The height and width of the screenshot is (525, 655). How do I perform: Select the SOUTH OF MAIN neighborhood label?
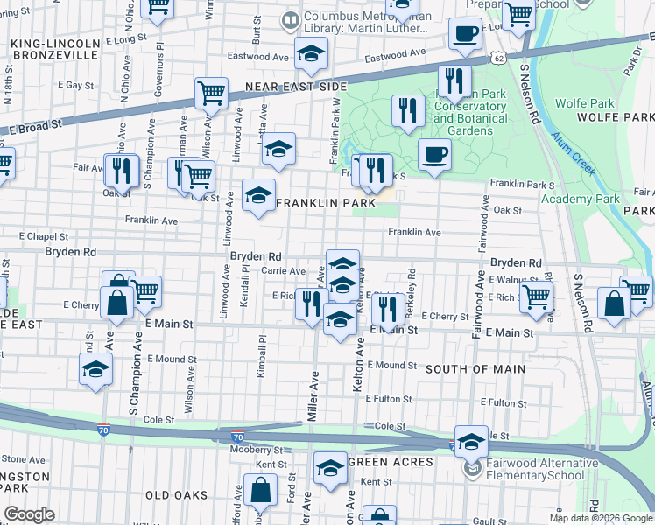tap(475, 369)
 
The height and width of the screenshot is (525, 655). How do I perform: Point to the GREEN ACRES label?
tap(391, 462)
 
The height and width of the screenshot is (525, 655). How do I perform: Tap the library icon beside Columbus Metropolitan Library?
tap(287, 18)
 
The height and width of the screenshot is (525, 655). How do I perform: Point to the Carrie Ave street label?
tap(283, 271)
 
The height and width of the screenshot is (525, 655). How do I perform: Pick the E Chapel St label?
tap(46, 236)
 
